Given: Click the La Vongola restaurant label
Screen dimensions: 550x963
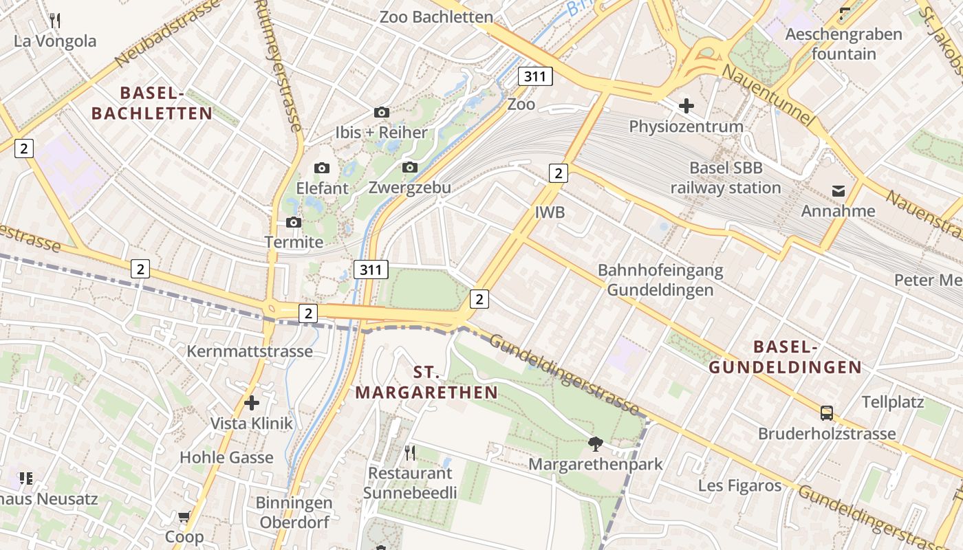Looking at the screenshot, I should (55, 41).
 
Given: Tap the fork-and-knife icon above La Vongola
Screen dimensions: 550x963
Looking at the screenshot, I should (55, 20).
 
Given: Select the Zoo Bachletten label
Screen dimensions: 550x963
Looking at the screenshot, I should (436, 17).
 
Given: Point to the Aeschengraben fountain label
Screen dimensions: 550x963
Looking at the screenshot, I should (843, 44).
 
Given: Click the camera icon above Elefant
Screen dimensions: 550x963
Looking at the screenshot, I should (321, 168).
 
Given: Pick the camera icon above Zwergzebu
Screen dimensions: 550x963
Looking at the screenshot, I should (410, 167).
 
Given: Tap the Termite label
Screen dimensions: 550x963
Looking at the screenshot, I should (294, 242).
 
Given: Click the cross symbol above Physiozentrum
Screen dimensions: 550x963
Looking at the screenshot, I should (686, 106).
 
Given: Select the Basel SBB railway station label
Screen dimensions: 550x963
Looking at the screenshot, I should (726, 178).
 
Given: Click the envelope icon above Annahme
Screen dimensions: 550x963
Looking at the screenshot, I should (838, 191).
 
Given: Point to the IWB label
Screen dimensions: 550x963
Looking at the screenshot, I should (550, 212).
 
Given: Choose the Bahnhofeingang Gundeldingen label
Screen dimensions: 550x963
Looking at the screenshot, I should (660, 280).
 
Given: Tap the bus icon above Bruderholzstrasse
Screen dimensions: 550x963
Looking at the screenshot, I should (827, 413).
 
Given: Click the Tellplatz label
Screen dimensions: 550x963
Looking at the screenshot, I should (893, 402).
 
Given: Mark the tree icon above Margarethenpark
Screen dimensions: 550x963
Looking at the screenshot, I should (595, 443).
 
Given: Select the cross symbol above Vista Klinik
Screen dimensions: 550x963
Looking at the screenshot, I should (252, 403).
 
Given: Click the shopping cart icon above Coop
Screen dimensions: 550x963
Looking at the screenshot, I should (184, 516).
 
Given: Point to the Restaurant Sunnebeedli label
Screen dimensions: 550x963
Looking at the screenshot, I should (410, 483).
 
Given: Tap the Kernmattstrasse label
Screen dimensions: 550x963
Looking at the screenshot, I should (250, 351).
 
